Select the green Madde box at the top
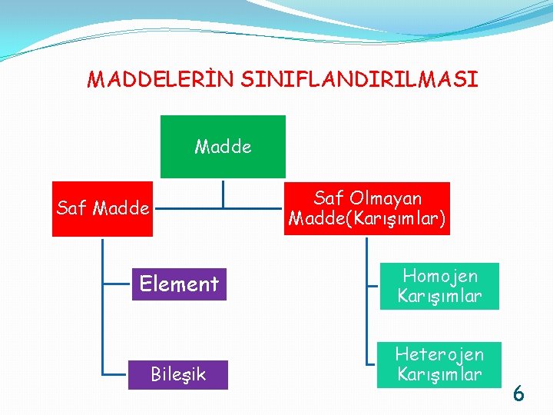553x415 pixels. pyautogui.click(x=223, y=147)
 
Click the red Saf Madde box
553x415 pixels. pyautogui.click(x=102, y=208)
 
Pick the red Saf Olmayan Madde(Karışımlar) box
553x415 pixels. pyautogui.click(x=367, y=208)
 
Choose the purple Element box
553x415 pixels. pyautogui.click(x=179, y=284)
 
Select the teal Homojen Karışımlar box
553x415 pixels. pyautogui.click(x=439, y=286)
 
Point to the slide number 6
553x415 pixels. pyautogui.click(x=518, y=395)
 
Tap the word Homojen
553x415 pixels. pyautogui.click(x=440, y=276)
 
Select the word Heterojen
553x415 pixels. pyautogui.click(x=439, y=354)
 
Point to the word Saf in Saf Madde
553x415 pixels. pyautogui.click(x=72, y=208)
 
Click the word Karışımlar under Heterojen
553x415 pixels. pyautogui.click(x=439, y=375)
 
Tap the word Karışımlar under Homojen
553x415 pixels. pyautogui.click(x=439, y=296)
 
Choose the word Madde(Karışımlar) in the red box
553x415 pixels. pyautogui.click(x=367, y=219)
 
